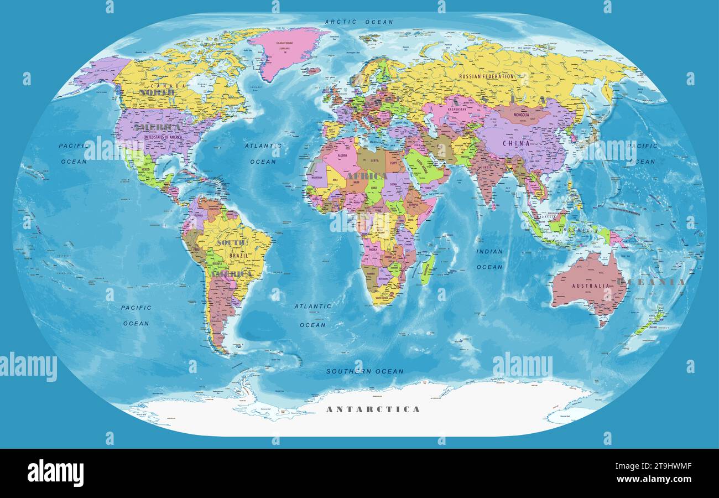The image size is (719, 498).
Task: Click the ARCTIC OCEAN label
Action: pos(359,22)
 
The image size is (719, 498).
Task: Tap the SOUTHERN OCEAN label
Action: pos(364,371)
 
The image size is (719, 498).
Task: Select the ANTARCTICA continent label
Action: pos(373,409)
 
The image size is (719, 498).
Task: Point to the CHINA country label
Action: pos(516,143)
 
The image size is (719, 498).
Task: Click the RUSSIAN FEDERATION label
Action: pos(486,76)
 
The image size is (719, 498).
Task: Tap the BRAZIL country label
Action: pos(239,256)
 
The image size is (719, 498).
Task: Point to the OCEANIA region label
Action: pos(651,282)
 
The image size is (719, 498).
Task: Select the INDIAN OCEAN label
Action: pos(489,259)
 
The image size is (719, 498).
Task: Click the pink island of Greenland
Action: pos(284,50)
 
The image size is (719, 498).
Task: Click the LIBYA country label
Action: pos(375,160)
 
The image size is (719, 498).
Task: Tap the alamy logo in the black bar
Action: pos(55,473)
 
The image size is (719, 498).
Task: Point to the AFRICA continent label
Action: pos(367,176)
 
